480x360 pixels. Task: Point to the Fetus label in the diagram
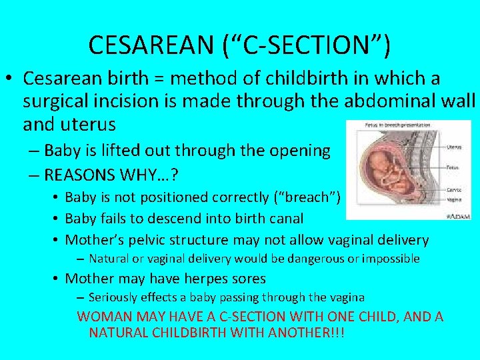(452, 169)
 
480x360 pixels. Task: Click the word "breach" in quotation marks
(314, 197)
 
